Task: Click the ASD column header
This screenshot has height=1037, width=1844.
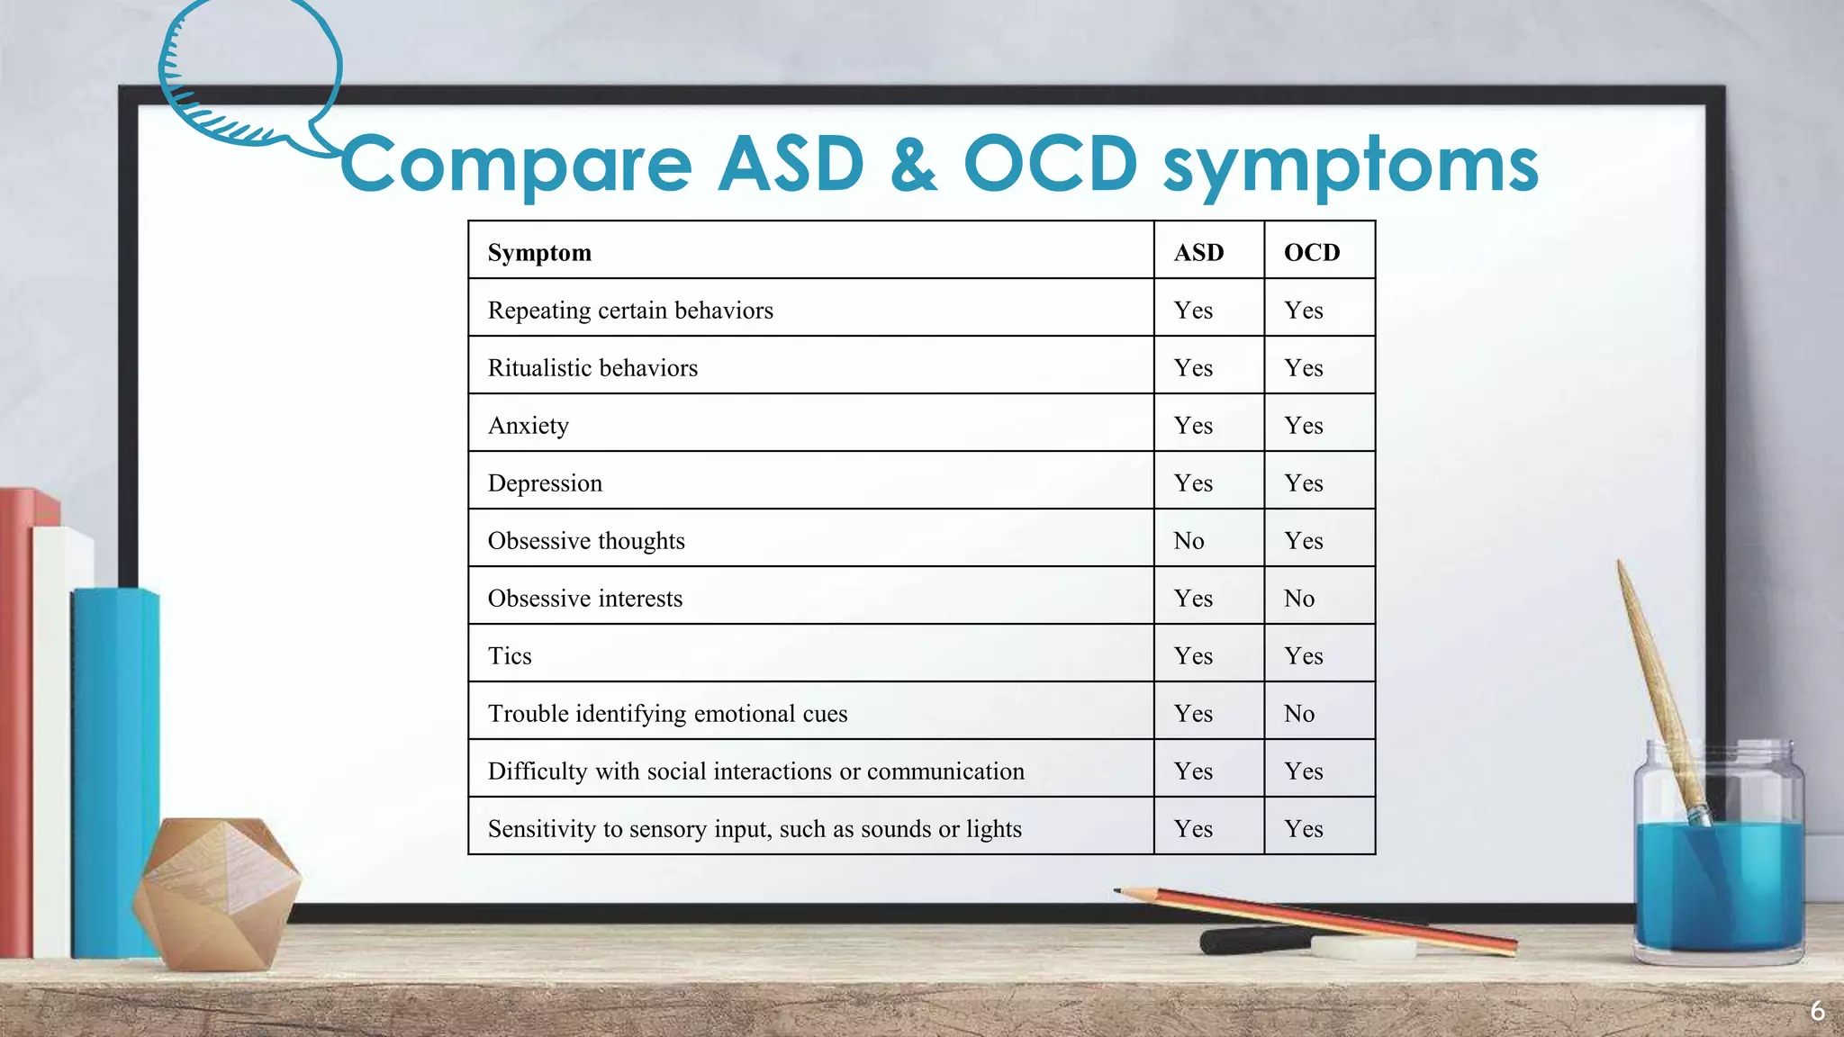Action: point(1198,252)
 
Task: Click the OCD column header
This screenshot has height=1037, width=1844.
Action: point(1312,252)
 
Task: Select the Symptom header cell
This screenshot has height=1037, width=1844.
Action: point(539,252)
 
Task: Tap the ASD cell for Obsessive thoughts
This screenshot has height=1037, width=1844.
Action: point(1189,540)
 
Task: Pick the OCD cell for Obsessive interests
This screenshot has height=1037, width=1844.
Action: point(1299,598)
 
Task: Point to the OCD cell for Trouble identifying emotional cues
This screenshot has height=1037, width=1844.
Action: point(1299,713)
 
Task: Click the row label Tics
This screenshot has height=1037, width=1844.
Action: point(510,655)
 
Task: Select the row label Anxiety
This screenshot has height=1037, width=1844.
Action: point(529,425)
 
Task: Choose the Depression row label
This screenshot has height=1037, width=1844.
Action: point(545,482)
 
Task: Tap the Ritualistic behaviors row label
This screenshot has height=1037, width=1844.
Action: point(592,367)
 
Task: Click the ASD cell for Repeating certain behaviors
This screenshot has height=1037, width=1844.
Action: point(1193,310)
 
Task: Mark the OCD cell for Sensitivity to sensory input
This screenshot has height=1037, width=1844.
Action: point(1304,828)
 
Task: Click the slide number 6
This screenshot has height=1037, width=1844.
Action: point(1817,1011)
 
